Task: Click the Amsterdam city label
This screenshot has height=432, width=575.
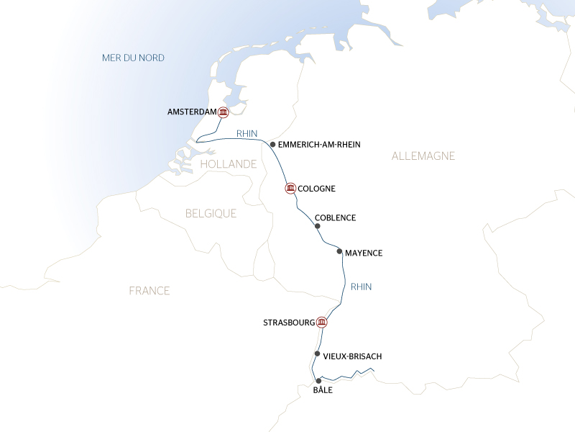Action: point(191,112)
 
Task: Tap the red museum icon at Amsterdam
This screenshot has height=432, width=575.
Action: point(223,112)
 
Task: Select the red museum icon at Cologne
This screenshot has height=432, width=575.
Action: point(290,189)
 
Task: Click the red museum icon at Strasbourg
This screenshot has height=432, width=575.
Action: point(321,322)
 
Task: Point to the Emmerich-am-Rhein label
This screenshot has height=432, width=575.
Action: point(318,145)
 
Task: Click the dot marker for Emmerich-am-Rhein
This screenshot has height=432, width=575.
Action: point(272,144)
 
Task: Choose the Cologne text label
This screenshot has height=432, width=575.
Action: point(316,189)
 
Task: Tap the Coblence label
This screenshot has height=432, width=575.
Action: point(335,217)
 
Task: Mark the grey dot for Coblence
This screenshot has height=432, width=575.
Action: point(317,226)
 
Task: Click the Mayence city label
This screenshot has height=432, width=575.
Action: point(363,253)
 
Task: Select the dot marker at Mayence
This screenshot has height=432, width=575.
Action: point(339,252)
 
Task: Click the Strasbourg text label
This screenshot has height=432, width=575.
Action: point(289,322)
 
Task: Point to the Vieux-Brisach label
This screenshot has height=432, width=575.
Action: point(352,356)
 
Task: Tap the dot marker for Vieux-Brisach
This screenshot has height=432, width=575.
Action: point(317,354)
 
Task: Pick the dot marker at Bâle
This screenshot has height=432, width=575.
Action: point(318,381)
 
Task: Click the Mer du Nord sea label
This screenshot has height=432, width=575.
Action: point(133,58)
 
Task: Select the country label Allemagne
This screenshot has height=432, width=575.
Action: point(423,156)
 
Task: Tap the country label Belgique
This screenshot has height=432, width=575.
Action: point(211,214)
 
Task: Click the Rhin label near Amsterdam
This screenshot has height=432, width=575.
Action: point(247,133)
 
